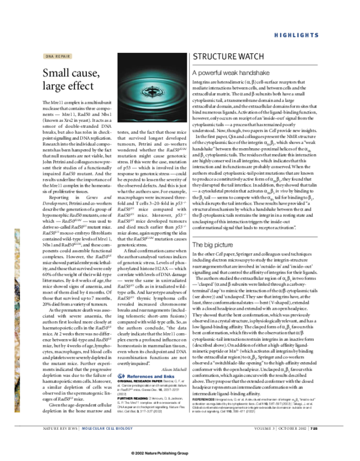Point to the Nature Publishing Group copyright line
(180, 453)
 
